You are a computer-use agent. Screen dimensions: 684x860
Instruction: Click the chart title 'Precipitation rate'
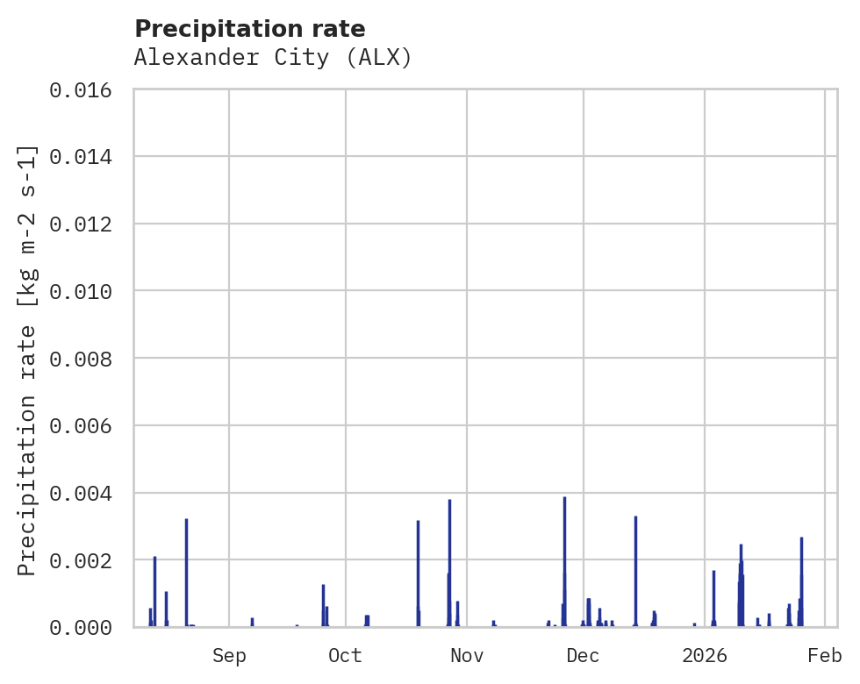pos(250,29)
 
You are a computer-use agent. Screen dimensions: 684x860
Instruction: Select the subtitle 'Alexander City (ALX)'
pos(273,58)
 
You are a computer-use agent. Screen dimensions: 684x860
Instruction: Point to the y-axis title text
pos(28,360)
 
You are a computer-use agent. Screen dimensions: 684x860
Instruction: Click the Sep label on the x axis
pos(229,656)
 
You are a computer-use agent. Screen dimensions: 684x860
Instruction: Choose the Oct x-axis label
pos(346,656)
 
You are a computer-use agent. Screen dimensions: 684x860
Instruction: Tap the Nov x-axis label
pos(467,656)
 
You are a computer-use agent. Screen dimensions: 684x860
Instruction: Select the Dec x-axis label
pos(584,656)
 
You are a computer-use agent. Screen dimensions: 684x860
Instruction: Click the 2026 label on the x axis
pos(705,656)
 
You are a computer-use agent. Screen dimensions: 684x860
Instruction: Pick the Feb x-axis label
pos(825,656)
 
